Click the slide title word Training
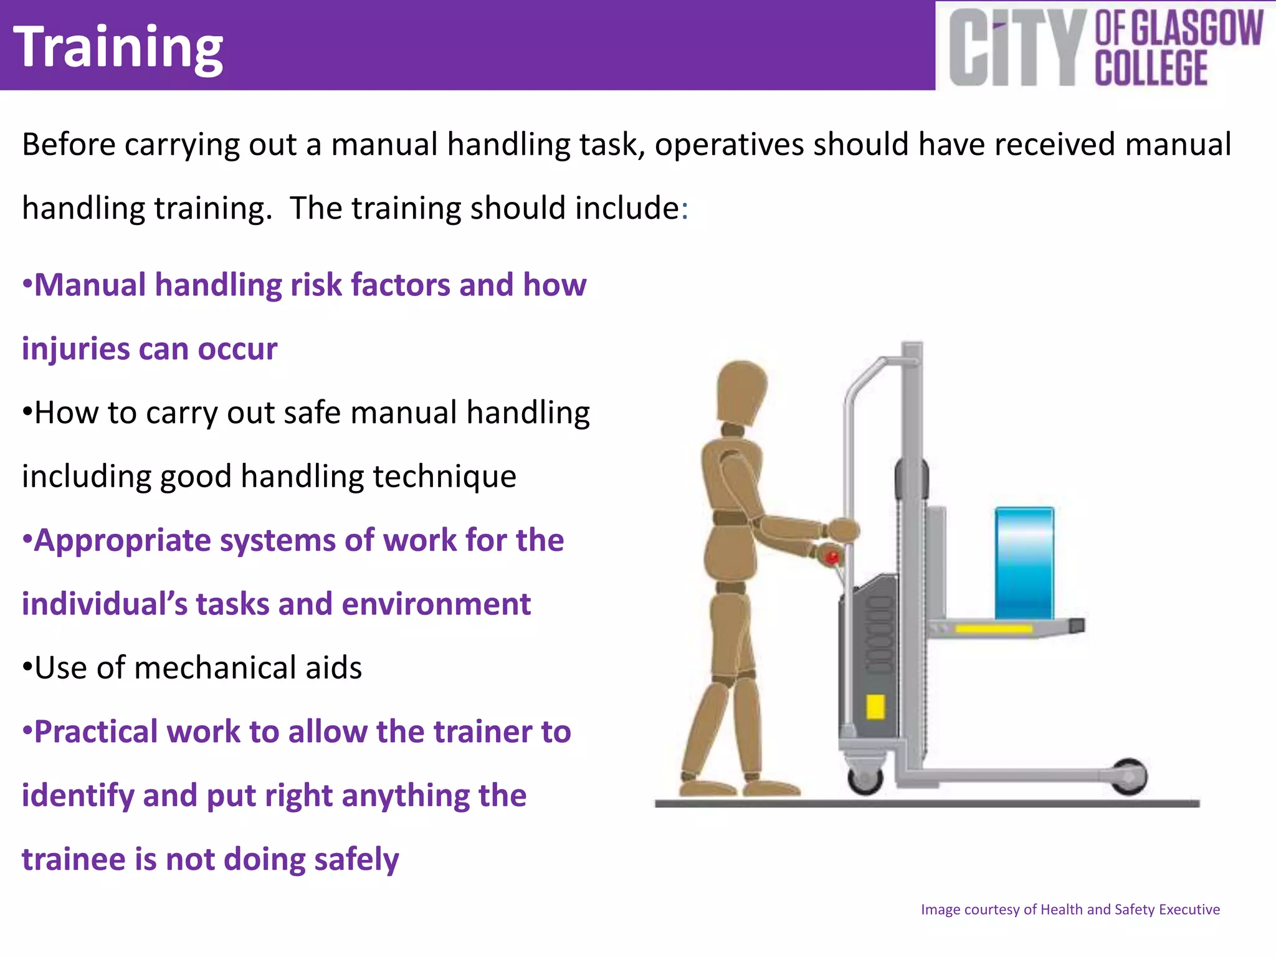[118, 47]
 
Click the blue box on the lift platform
[1024, 563]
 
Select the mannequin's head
[741, 393]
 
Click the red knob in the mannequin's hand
[832, 556]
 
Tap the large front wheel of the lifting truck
[1130, 776]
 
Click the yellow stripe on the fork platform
[993, 629]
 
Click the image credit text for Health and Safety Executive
[1070, 909]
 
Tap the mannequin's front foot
[771, 788]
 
